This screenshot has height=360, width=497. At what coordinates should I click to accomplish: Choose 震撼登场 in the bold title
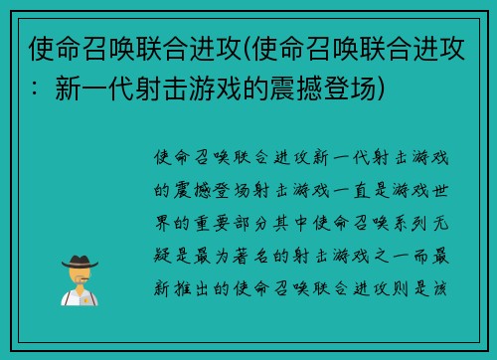pos(326,90)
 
